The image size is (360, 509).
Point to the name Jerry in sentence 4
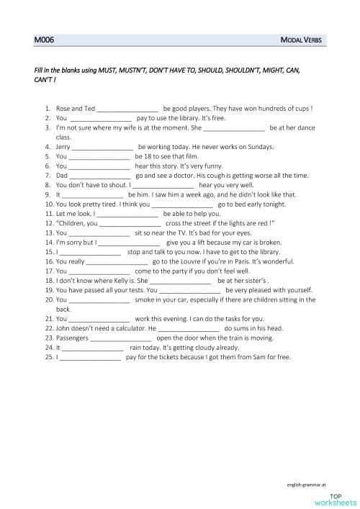click(x=63, y=146)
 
